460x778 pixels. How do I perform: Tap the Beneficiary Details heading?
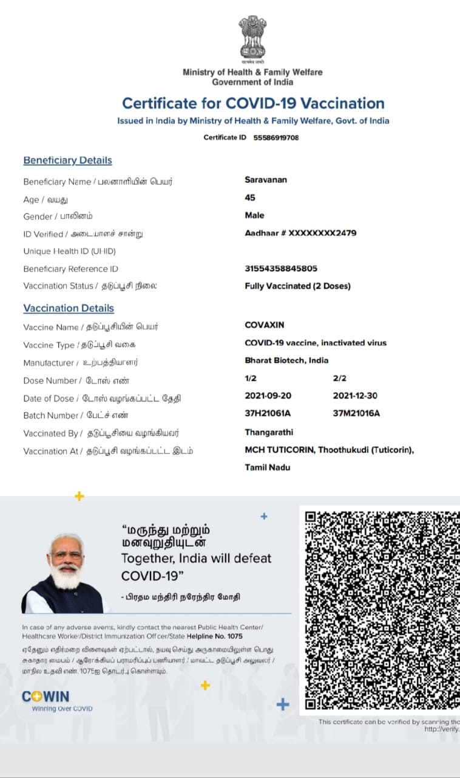tap(67, 160)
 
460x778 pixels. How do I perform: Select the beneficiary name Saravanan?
tap(266, 180)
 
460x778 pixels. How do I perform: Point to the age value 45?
tap(250, 198)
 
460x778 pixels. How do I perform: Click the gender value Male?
tap(254, 215)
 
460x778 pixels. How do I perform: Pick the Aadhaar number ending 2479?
tap(300, 233)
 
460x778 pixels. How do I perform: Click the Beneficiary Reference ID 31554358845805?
tap(281, 269)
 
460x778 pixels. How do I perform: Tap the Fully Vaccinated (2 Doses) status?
tap(297, 286)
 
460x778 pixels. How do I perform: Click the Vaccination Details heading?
tap(69, 308)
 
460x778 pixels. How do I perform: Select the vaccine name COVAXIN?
tap(264, 325)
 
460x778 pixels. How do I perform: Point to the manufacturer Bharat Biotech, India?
tap(286, 360)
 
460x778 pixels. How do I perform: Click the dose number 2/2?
tap(340, 378)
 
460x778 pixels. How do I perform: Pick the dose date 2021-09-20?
tap(268, 396)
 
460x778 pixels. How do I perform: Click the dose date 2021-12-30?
tap(355, 396)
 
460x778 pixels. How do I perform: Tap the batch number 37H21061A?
tap(268, 413)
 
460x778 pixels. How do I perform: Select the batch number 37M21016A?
tap(356, 413)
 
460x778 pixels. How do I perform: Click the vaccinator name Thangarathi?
tap(269, 432)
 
